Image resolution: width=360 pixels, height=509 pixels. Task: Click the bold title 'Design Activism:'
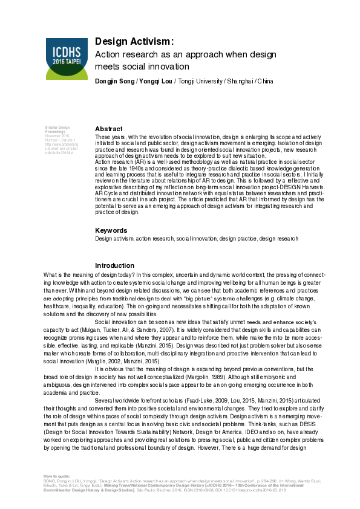coord(134,41)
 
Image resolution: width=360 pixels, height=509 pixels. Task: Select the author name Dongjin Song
coord(114,81)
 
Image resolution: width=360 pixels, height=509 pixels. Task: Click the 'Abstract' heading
coord(109,129)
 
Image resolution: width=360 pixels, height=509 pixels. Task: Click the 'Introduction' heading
coord(115,265)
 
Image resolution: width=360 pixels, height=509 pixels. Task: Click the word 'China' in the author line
coord(265,81)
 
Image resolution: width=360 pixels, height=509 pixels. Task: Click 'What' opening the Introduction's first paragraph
coord(50,274)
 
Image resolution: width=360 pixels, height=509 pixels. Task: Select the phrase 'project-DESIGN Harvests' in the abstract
coord(288,187)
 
